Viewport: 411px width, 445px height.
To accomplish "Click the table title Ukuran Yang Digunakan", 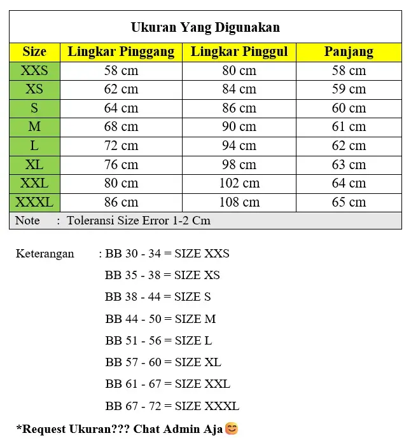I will click(x=205, y=27).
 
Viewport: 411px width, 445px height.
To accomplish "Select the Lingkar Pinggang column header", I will click(x=121, y=52).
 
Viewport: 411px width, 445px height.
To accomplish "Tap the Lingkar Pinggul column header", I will click(x=239, y=52).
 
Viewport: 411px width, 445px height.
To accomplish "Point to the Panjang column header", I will click(x=349, y=52).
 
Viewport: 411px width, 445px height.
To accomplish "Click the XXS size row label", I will click(x=34, y=71).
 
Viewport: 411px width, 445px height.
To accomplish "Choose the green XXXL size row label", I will click(x=34, y=203).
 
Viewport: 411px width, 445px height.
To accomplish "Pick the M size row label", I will click(x=34, y=127).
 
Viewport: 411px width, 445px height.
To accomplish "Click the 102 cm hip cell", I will click(x=239, y=184).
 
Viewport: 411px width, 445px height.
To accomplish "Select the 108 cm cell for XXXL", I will click(x=239, y=203).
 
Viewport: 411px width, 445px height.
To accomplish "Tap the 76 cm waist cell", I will click(x=121, y=165).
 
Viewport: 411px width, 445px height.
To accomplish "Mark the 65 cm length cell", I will click(x=349, y=203).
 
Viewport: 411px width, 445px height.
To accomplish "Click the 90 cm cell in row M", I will click(x=239, y=127).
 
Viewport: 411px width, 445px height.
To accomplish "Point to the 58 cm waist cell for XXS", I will click(x=121, y=71).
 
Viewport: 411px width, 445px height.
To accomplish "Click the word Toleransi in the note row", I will click(x=92, y=221).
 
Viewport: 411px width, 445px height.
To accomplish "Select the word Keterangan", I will click(x=45, y=254).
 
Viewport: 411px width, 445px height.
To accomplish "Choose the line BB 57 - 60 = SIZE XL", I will click(x=163, y=362).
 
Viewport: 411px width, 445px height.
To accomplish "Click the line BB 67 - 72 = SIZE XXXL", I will click(x=172, y=406).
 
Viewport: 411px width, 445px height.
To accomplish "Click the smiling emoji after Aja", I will click(x=232, y=429).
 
